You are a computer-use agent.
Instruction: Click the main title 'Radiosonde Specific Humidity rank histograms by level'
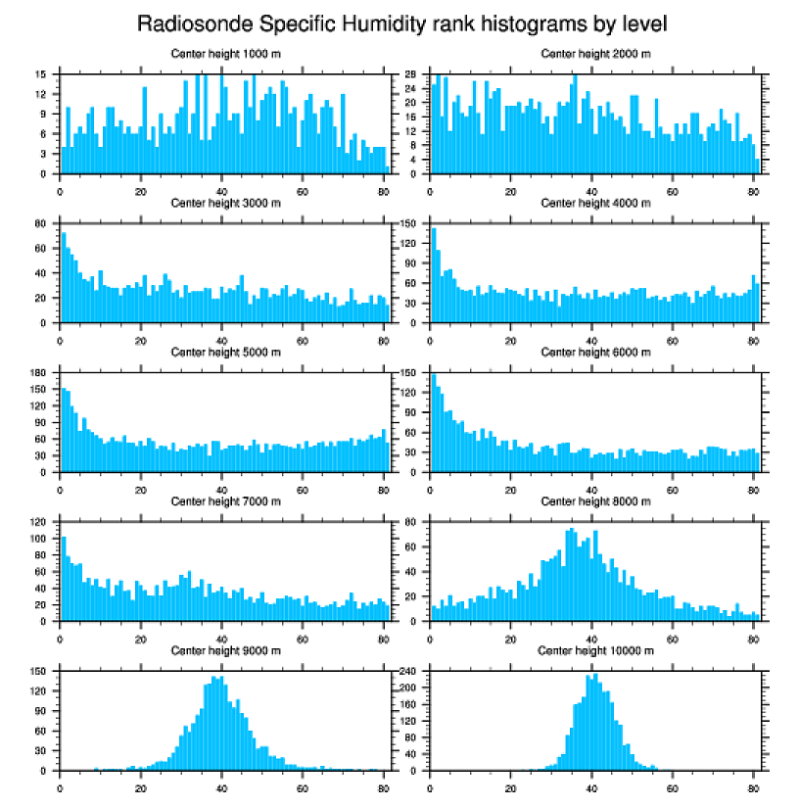pos(402,23)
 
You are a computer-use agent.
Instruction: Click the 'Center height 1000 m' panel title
pos(225,53)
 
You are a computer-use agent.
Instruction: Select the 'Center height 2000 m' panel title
pos(595,53)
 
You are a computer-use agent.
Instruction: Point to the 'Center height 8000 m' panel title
pos(595,501)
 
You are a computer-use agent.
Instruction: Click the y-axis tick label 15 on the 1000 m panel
pos(40,74)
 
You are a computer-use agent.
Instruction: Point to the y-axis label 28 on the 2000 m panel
pos(410,74)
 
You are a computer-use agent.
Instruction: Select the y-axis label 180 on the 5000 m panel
pos(38,373)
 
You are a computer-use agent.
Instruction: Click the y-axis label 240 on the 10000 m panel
pos(407,672)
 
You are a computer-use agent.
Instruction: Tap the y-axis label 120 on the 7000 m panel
pos(38,522)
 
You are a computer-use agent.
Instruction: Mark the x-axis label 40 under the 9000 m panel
pos(222,786)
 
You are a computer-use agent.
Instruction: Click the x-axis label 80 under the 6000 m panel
pos(753,488)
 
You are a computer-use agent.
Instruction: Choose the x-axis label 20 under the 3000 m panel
pos(141,339)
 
